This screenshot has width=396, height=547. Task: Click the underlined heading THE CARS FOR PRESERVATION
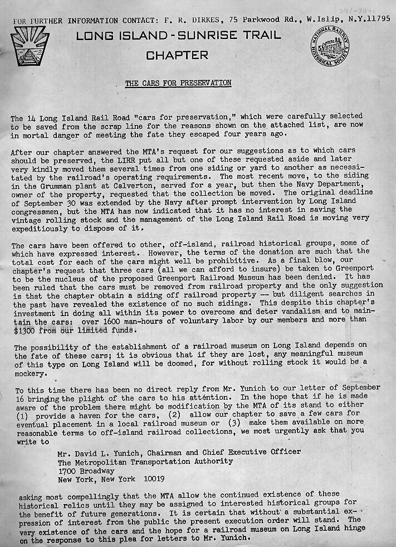(x=178, y=84)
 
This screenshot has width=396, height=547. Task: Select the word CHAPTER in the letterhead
(x=177, y=55)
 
